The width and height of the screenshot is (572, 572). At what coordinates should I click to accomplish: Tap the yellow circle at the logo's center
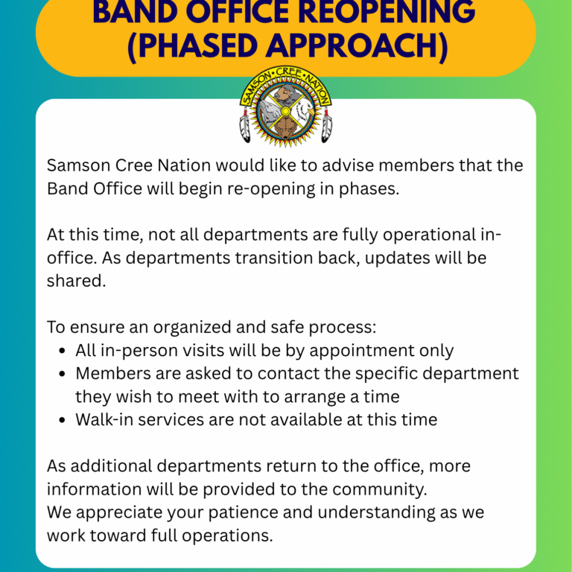286,111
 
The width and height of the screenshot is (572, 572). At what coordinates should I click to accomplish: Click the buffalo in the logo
286,94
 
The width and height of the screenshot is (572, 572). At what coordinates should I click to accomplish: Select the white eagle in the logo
304,111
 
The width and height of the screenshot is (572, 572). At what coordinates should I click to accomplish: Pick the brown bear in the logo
285,128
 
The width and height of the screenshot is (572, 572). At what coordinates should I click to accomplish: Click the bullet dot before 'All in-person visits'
62,352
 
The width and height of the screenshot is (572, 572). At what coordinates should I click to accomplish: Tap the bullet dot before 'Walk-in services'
62,420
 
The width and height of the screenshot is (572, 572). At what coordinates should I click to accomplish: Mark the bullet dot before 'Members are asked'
62,375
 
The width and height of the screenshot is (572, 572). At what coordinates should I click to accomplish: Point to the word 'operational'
429,235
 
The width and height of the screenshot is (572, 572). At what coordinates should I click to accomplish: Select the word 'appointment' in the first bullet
362,352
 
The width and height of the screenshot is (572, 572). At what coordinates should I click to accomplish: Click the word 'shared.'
76,281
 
